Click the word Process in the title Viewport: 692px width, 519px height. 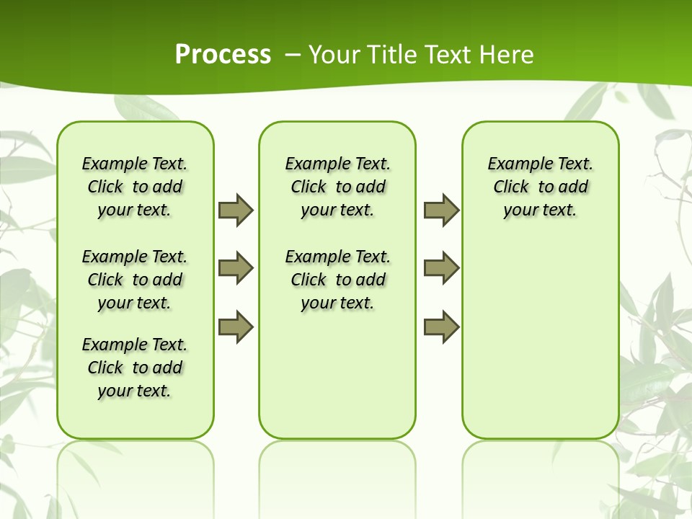[223, 54]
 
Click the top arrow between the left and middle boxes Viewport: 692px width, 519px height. [236, 210]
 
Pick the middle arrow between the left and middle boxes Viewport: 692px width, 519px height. [236, 268]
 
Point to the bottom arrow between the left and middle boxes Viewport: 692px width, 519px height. [236, 327]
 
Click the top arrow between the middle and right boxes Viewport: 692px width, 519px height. [441, 210]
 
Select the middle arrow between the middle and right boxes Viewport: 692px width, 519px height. [441, 268]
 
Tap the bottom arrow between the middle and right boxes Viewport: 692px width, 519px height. [441, 327]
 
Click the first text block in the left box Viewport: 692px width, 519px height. [135, 187]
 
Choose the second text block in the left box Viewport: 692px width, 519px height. [135, 280]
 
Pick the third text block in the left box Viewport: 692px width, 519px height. [135, 368]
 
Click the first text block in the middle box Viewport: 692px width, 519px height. [337, 187]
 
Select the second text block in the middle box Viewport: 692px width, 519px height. [337, 280]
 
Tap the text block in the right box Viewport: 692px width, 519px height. [540, 187]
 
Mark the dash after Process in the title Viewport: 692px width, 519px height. [293, 54]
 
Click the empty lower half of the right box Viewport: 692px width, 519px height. [540, 346]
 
